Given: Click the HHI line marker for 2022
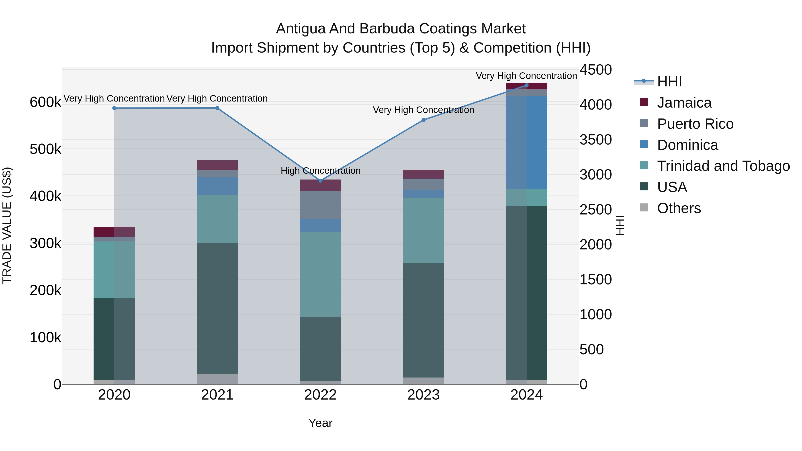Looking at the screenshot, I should (x=320, y=181).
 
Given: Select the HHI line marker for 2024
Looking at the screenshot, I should (x=526, y=85).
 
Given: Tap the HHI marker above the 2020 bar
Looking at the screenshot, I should (x=114, y=108).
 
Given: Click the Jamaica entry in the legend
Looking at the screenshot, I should (x=684, y=103).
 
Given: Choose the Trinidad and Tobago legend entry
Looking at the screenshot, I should (x=723, y=166).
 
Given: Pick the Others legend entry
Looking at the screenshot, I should (x=679, y=208).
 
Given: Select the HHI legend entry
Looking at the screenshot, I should (x=669, y=82).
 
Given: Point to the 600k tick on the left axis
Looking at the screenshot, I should (x=45, y=102).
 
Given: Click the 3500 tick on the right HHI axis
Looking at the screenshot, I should (x=595, y=140).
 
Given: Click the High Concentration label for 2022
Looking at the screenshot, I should (x=320, y=171).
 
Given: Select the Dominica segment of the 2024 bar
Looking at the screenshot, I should (x=526, y=142).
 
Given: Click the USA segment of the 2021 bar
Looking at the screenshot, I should (x=217, y=308).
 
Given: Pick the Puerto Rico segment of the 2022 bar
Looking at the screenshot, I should (x=320, y=205).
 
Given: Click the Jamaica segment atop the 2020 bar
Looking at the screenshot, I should (x=114, y=232).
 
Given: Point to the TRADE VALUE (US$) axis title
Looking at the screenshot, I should (x=7, y=225).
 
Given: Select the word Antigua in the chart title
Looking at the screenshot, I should (x=301, y=29).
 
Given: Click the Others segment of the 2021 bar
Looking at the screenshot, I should (x=217, y=379).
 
